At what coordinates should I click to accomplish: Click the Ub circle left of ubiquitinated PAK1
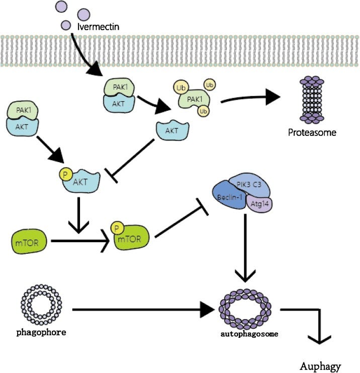(181, 89)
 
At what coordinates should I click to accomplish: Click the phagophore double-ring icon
(39, 306)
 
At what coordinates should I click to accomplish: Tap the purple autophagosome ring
(245, 307)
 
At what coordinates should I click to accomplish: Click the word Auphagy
(320, 366)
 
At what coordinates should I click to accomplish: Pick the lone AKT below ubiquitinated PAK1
(172, 130)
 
